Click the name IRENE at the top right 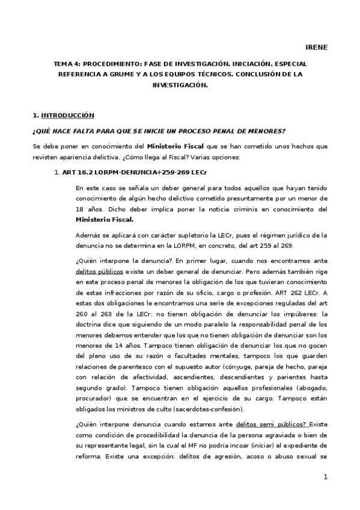click(317, 47)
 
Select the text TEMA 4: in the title click(67, 64)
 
